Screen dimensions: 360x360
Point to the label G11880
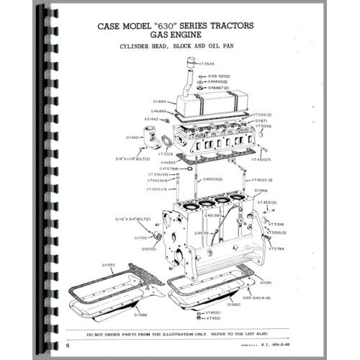[x=233, y=305]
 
